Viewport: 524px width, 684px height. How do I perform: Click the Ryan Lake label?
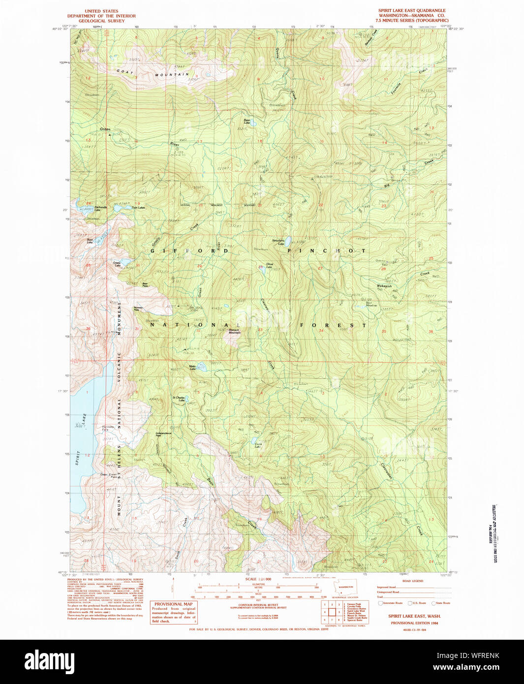pyautogui.click(x=247, y=121)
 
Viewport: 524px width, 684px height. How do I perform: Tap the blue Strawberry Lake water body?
pyautogui.click(x=289, y=241)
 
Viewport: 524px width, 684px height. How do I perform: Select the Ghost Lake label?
pyautogui.click(x=270, y=266)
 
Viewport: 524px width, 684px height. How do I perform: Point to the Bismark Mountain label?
pyautogui.click(x=234, y=332)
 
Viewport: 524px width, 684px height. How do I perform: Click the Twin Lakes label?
pyautogui.click(x=138, y=208)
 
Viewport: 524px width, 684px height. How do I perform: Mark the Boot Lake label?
pyautogui.click(x=90, y=241)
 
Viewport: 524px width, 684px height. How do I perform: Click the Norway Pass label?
pyautogui.click(x=138, y=309)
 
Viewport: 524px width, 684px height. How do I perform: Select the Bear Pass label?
pyautogui.click(x=145, y=284)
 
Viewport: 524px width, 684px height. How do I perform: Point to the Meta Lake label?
pyautogui.click(x=192, y=367)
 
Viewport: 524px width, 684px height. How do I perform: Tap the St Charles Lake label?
pyautogui.click(x=178, y=399)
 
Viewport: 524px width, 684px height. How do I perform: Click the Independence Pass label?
pyautogui.click(x=163, y=435)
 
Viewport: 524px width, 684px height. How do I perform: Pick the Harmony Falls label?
pyautogui.click(x=108, y=428)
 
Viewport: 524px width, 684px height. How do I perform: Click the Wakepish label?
pyautogui.click(x=384, y=286)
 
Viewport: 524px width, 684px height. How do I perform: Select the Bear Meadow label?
pyautogui.click(x=371, y=304)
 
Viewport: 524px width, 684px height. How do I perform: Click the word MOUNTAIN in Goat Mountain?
pyautogui.click(x=172, y=75)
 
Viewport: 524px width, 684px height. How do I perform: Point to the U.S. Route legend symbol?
pyautogui.click(x=410, y=603)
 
